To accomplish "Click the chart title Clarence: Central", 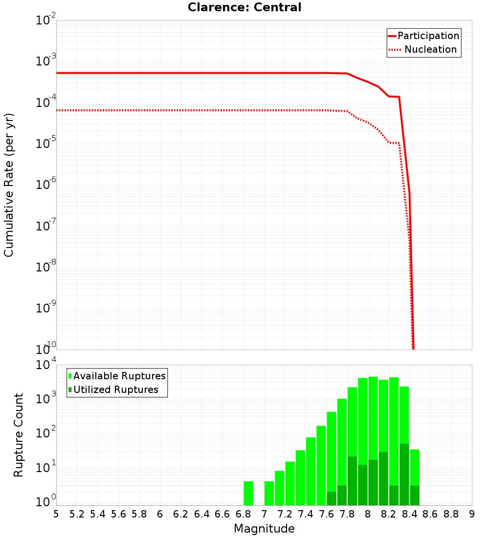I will [244, 7].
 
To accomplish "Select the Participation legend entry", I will [428, 36].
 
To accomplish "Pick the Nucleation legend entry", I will [430, 49].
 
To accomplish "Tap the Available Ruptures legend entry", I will [119, 376].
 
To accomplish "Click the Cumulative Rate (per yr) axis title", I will [9, 185].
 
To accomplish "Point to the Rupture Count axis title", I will [19, 434].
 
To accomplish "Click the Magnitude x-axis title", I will [264, 529].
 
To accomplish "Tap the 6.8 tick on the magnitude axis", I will [243, 514].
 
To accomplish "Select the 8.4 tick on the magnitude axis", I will [409, 514].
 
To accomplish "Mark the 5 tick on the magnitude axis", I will [56, 514].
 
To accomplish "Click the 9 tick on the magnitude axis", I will [472, 514].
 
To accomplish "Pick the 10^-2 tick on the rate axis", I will [47, 21].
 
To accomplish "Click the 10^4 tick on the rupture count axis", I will [47, 365].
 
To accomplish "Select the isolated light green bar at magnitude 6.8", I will [248, 493].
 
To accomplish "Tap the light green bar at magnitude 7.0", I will [269, 493].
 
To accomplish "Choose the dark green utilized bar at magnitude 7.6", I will [332, 498].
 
